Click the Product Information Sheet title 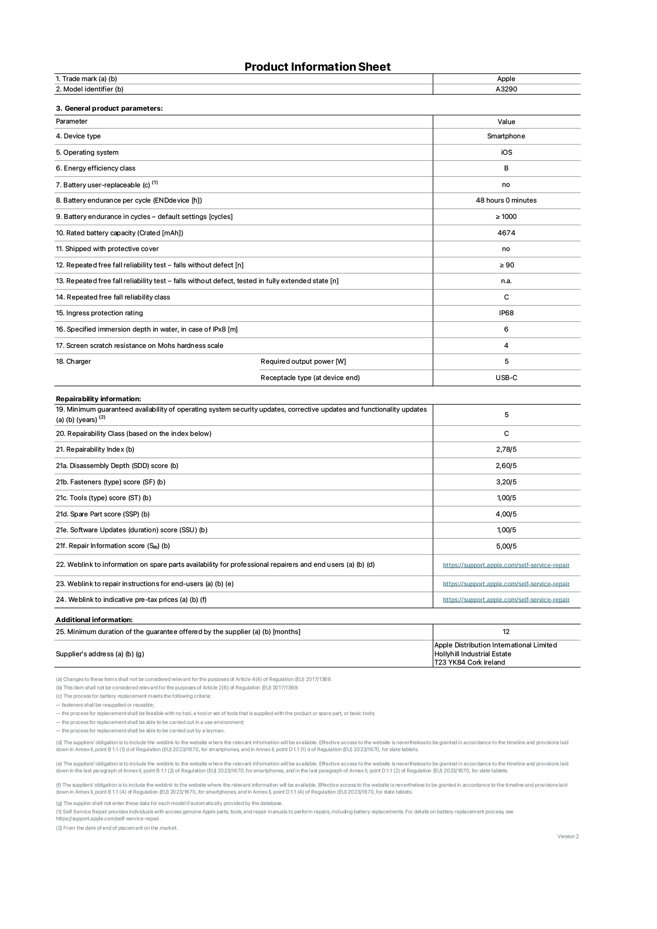(x=317, y=67)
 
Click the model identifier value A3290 (x=506, y=89)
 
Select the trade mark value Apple (x=506, y=79)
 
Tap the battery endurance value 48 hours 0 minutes (x=506, y=201)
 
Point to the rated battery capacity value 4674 (x=506, y=233)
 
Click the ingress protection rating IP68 (x=506, y=313)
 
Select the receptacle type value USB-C (x=506, y=378)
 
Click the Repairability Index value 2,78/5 (x=506, y=450)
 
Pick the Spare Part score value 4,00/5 (x=506, y=514)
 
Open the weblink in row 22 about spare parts (x=506, y=565)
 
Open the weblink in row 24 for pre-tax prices (x=506, y=600)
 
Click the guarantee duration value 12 (x=506, y=632)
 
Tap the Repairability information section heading (x=98, y=399)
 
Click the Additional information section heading (x=94, y=620)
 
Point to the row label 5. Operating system (x=87, y=153)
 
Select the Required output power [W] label (x=303, y=362)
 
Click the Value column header (x=506, y=122)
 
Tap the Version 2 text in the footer (x=567, y=837)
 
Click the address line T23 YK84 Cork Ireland (x=469, y=663)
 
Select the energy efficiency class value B (x=506, y=169)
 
